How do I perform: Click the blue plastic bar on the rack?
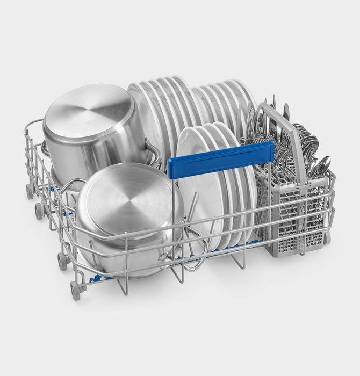coord(220,160)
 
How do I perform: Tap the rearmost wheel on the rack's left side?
coord(29,191)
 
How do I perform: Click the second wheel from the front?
coord(62,262)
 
